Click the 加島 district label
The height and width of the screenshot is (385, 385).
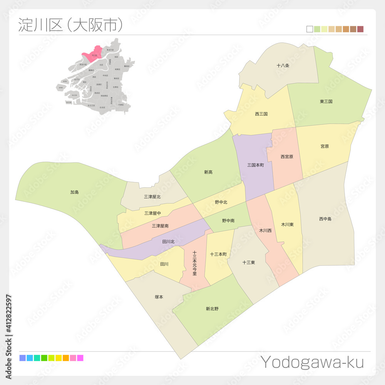pos(74,192)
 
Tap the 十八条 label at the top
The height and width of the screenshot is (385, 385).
pos(283,66)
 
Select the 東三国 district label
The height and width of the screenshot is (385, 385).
pos(326,102)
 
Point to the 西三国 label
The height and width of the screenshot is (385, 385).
pos(261,114)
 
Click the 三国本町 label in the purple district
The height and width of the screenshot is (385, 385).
pos(256,165)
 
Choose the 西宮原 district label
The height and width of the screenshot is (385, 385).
pos(287,157)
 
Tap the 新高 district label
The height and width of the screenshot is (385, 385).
pos(208,172)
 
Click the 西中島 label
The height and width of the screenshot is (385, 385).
pos(325,219)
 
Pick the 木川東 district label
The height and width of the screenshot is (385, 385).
pos(287,224)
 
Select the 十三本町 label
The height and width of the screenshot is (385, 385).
pos(218,254)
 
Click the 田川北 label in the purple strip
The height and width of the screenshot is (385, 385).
pos(168,242)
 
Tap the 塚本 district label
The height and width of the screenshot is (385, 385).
pos(159,297)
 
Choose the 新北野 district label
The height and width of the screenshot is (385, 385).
pos(212,308)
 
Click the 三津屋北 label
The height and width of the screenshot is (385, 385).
pos(152,197)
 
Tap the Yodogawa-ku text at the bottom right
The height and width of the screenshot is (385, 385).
pos(312,362)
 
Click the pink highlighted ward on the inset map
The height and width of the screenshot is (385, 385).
pos(94,55)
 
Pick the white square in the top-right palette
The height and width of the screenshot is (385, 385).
pos(310,29)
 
